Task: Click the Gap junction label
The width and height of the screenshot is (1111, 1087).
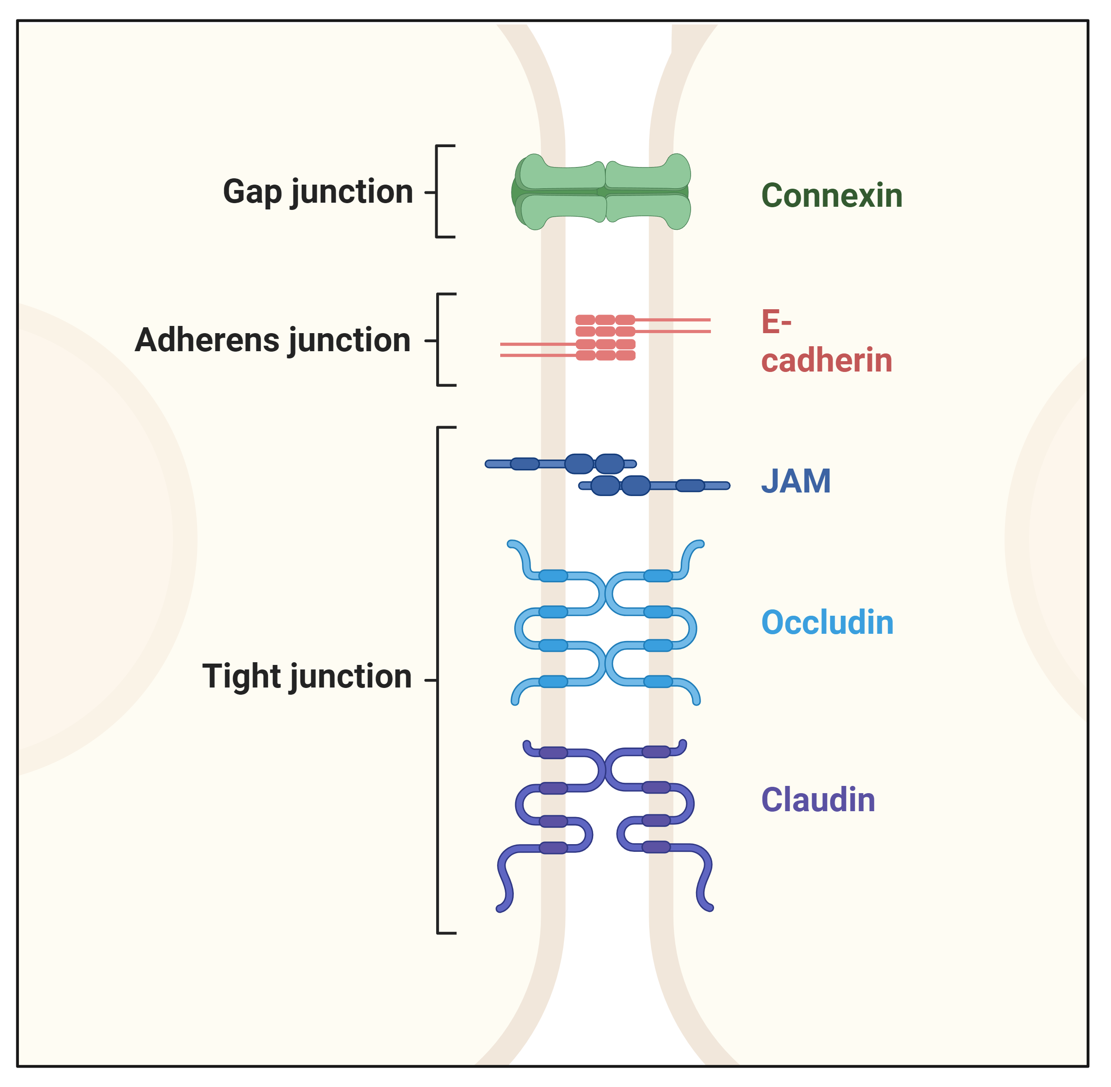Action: point(318,192)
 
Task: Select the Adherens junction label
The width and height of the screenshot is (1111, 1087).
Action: point(273,340)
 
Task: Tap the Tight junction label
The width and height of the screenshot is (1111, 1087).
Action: point(307,677)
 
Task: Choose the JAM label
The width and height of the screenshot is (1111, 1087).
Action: point(796,481)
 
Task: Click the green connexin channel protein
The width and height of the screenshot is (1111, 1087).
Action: point(601,192)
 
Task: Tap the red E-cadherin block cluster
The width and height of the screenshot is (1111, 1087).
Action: point(605,337)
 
